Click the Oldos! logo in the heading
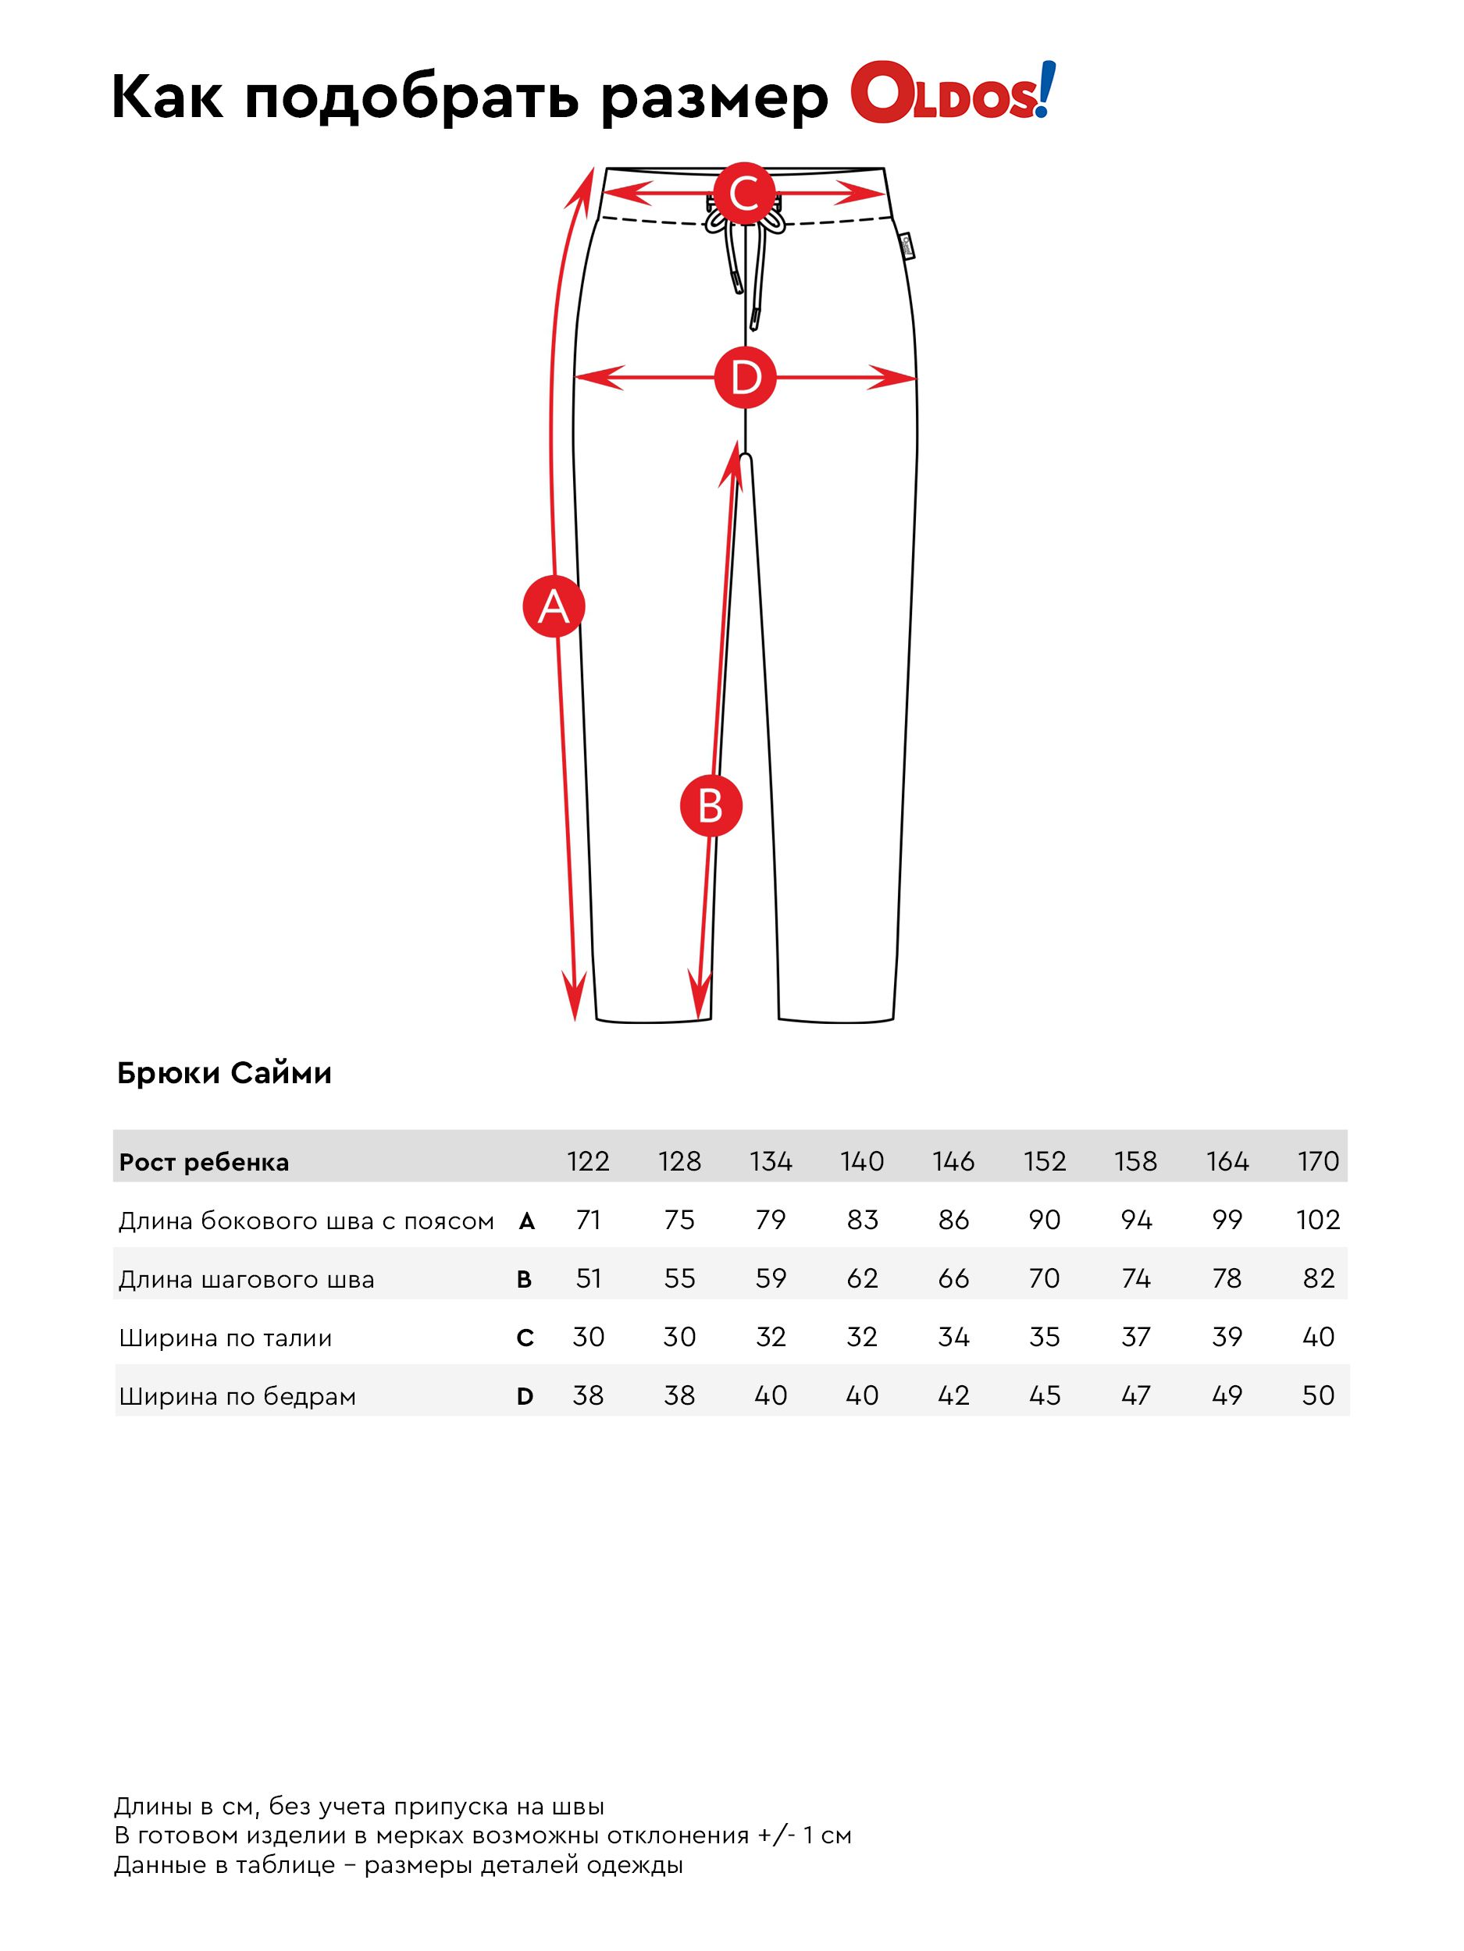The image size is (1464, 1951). tap(951, 94)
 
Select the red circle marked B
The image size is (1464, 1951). tap(711, 806)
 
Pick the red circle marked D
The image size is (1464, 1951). tap(745, 378)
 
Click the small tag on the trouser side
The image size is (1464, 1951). tap(907, 246)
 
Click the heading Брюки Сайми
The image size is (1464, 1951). tap(224, 1073)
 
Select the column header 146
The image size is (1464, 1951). tap(953, 1161)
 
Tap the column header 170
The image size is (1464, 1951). tap(1317, 1161)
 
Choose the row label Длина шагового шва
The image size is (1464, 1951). tap(246, 1279)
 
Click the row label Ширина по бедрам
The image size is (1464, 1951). tap(237, 1396)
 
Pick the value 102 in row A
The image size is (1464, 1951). tap(1317, 1220)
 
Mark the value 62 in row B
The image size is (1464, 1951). tap(862, 1278)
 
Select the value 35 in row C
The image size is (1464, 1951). tap(1044, 1337)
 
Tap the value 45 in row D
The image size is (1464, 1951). tap(1044, 1395)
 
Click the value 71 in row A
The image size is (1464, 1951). tap(588, 1220)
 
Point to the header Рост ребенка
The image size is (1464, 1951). tap(204, 1163)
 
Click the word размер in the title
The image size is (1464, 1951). tap(714, 97)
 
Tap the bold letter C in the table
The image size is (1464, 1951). tap(524, 1338)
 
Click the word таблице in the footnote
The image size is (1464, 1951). tap(287, 1865)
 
